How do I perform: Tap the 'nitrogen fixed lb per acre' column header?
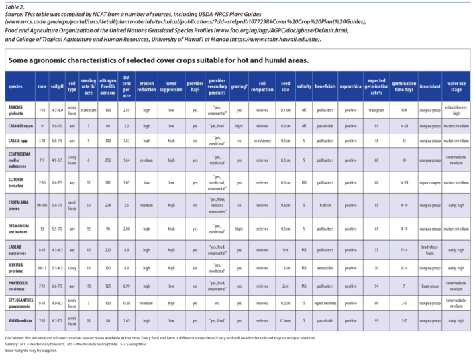pyautogui.click(x=107, y=87)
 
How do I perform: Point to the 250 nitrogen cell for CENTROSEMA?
pyautogui.click(x=107, y=161)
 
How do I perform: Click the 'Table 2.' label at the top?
pyautogui.click(x=15, y=5)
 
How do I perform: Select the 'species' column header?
pyautogui.click(x=17, y=87)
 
